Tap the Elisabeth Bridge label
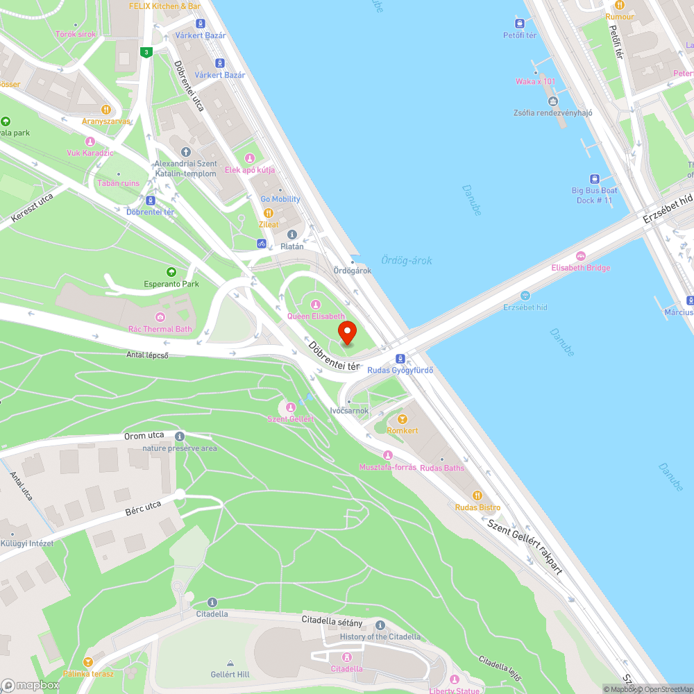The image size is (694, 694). coord(581,268)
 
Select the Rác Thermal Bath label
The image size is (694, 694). coord(160,329)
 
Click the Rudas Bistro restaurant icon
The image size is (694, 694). coord(477,496)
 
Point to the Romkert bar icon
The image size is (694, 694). coord(403,418)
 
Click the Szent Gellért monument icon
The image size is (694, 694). coord(291,407)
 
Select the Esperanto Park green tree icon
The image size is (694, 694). coord(171,271)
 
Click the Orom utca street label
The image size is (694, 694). coord(144,436)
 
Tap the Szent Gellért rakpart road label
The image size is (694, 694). coord(524,546)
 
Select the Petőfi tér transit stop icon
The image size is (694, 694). coord(520,23)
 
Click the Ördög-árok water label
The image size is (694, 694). coord(407,260)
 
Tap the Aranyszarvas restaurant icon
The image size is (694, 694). coord(106,109)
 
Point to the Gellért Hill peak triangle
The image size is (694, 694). coord(230,663)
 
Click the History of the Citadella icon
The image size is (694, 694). coord(380,625)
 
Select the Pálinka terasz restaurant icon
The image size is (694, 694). coord(87,662)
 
